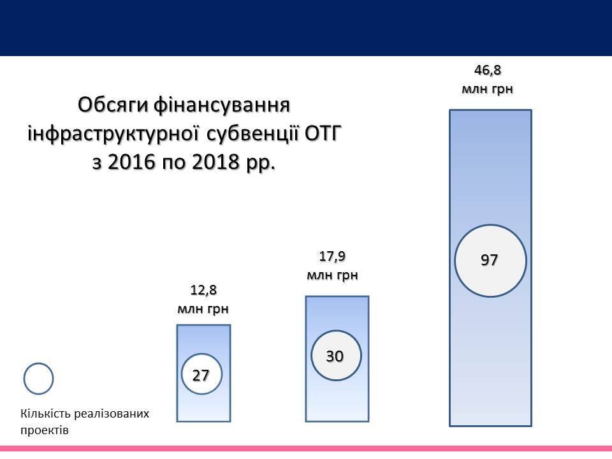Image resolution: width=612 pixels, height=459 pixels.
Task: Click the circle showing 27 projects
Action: [x=201, y=374]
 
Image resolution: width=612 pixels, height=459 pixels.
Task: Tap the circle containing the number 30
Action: [x=336, y=356]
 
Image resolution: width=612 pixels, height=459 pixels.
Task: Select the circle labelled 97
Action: [x=490, y=260]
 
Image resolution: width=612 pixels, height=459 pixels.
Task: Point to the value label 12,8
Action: [x=203, y=290]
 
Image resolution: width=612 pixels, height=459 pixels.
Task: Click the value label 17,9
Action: [x=332, y=256]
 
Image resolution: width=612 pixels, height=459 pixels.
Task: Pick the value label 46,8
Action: [x=487, y=70]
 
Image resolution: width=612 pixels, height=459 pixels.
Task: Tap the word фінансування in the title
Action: [x=222, y=106]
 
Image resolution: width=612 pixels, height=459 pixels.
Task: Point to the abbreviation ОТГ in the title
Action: [x=323, y=133]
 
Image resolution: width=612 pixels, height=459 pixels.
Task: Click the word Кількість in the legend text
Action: [x=45, y=413]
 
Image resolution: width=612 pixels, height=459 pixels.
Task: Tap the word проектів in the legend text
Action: [x=45, y=430]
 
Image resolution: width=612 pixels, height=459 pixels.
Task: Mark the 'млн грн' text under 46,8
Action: [x=487, y=89]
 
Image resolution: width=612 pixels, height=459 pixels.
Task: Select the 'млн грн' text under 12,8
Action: [x=203, y=309]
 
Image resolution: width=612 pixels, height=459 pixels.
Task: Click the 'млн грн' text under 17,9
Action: [x=332, y=275]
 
